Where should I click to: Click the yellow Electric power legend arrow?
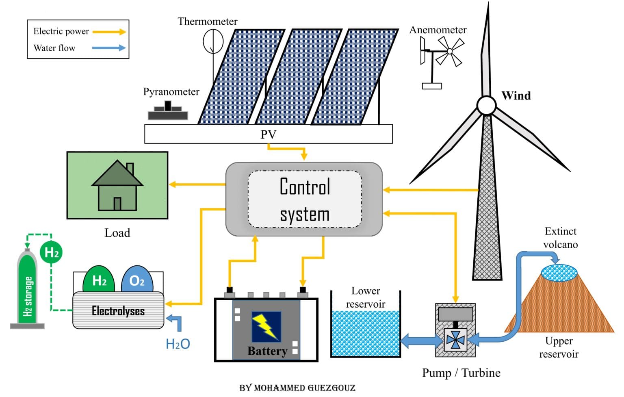click(x=109, y=32)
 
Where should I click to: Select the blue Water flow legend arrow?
click(x=109, y=48)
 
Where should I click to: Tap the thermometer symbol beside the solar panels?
click(x=213, y=41)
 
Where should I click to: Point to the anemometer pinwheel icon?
click(x=449, y=52)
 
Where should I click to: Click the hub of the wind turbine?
click(x=486, y=105)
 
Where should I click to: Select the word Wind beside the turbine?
click(x=516, y=96)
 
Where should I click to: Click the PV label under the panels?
click(x=268, y=135)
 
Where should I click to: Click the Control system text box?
click(x=305, y=200)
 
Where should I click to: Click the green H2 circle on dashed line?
click(x=52, y=252)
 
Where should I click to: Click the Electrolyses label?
click(x=118, y=311)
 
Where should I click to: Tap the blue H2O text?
click(x=178, y=344)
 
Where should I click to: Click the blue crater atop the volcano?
click(x=559, y=273)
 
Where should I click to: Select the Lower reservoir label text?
click(x=366, y=297)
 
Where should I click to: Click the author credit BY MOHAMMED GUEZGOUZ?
click(x=297, y=388)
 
